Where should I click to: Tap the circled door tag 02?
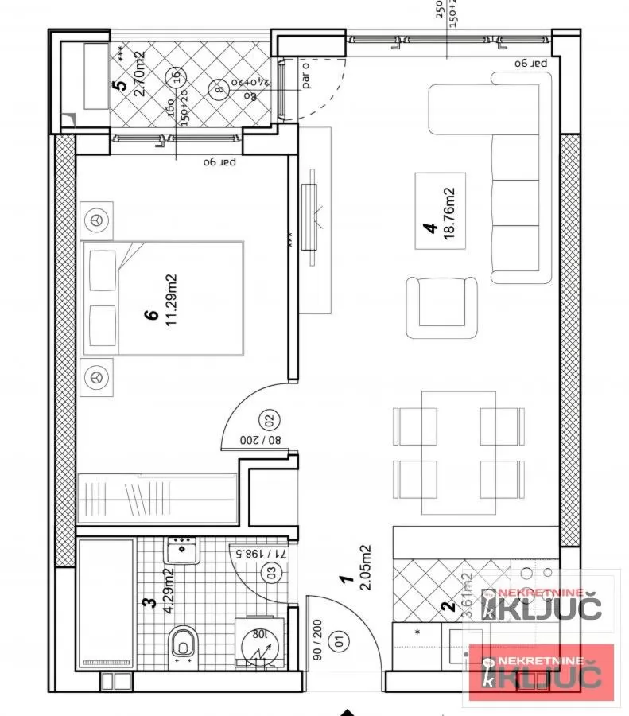coord(268,419)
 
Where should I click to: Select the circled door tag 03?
coord(273,570)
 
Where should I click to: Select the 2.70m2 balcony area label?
coord(139,73)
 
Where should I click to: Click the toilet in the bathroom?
coord(183,641)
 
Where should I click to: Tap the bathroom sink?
coord(183,549)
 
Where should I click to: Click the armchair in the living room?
coord(442,306)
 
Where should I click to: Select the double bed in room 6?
coord(163,298)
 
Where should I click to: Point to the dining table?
coord(459,452)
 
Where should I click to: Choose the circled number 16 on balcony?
coord(174,77)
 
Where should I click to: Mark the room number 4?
coord(430,227)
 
